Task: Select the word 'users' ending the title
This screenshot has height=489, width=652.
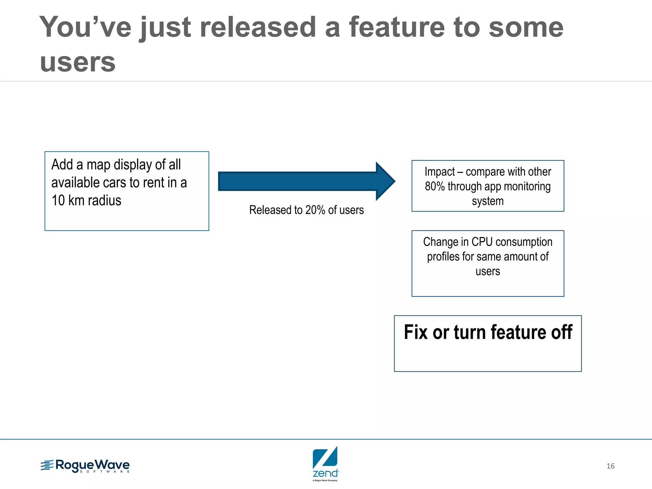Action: click(77, 62)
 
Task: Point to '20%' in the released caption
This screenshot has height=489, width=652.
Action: click(315, 210)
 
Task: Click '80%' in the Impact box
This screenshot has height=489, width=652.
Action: click(435, 187)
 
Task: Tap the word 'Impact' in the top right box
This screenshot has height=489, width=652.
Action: click(439, 172)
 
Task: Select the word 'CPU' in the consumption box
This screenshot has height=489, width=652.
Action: click(482, 242)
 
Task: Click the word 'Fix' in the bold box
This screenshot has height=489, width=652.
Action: click(415, 332)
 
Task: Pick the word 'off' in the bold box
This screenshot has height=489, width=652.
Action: click(562, 332)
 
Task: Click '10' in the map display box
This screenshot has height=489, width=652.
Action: click(58, 201)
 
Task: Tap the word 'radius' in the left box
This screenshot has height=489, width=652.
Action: click(104, 201)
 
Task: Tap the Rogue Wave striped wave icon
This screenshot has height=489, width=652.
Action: click(47, 465)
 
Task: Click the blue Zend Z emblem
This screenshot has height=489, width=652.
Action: click(325, 457)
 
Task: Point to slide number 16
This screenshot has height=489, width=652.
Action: click(610, 466)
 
